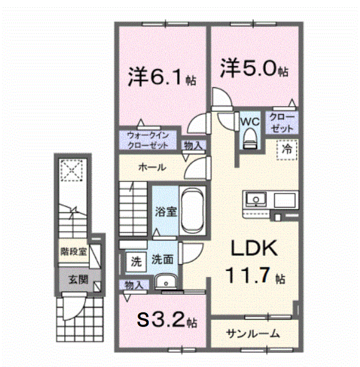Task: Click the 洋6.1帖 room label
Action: pos(161,78)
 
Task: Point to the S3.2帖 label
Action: pos(166,320)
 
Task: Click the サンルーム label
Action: pos(253,334)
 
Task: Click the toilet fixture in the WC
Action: pos(249,138)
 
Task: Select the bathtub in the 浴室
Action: pos(192,212)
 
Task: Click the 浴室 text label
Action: pos(166,212)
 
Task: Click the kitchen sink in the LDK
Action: pos(255,200)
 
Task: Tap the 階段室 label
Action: pos(74,251)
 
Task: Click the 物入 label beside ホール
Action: pos(194,144)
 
